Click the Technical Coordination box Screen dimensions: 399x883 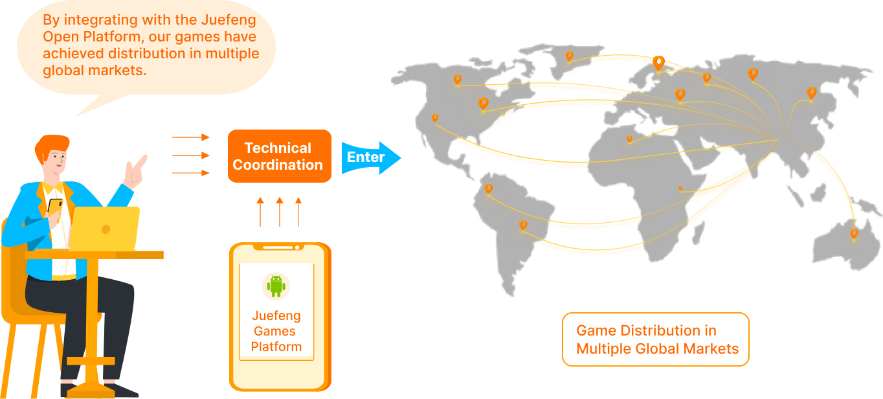click(x=279, y=156)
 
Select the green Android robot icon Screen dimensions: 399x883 click(x=276, y=285)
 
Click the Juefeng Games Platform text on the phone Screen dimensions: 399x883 click(x=276, y=331)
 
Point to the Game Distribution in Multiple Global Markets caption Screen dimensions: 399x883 click(x=656, y=339)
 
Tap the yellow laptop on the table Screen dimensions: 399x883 click(x=104, y=228)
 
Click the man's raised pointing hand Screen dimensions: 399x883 click(x=135, y=172)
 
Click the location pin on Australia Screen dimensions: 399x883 click(x=854, y=233)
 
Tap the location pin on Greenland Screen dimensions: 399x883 click(x=569, y=56)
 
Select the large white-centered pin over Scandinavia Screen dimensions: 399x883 click(x=658, y=63)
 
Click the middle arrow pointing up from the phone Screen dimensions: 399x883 click(x=280, y=212)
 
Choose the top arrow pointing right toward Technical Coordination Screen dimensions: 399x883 click(x=191, y=137)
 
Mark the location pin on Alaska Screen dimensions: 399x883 click(x=457, y=80)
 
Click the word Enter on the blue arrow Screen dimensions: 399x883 click(x=365, y=157)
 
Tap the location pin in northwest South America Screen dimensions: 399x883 click(x=489, y=188)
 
